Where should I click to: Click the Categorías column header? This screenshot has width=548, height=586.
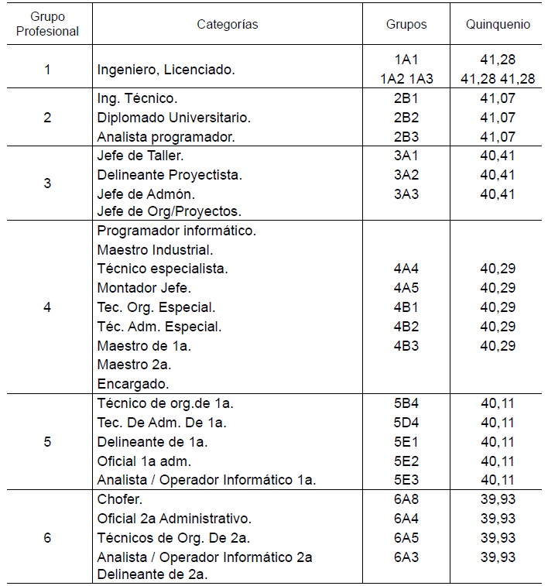click(x=227, y=24)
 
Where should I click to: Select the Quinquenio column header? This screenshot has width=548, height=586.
click(x=498, y=24)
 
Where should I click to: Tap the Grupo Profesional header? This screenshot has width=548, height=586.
click(x=47, y=24)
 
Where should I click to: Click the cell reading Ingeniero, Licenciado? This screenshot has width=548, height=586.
click(x=166, y=69)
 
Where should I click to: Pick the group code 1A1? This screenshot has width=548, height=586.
click(x=406, y=59)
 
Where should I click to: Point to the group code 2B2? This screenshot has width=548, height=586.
click(x=406, y=118)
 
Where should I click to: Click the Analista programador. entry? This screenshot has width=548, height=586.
click(x=166, y=137)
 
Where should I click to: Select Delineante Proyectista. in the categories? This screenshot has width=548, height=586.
click(x=170, y=175)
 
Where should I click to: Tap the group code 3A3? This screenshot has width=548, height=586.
click(x=406, y=194)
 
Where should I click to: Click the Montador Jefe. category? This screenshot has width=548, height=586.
click(x=138, y=288)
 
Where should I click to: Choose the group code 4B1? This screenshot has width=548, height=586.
click(x=406, y=307)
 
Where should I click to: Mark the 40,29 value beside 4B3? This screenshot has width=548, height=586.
click(x=498, y=345)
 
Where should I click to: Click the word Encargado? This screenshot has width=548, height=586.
click(x=133, y=383)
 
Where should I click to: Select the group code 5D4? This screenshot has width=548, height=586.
click(x=406, y=423)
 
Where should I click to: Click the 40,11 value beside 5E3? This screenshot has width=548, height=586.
click(x=498, y=480)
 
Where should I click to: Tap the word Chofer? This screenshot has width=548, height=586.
click(x=119, y=499)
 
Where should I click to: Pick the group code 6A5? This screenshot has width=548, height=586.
click(x=406, y=537)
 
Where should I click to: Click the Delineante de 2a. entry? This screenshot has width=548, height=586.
click(x=152, y=575)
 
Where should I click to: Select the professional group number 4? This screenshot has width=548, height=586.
click(x=47, y=307)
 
